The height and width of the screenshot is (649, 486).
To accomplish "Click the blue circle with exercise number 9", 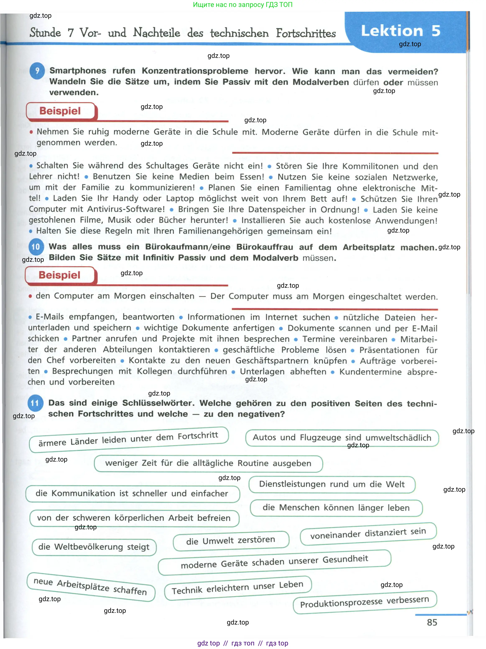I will point(37,71).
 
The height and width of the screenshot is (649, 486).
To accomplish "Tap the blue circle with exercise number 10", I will point(36,247).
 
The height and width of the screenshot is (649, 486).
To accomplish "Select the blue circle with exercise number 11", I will point(35,403).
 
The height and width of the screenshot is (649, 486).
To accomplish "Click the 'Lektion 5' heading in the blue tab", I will point(400,31).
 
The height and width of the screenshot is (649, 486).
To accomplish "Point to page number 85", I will point(432,622).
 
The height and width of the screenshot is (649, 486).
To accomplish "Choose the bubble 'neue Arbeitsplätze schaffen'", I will point(90,587).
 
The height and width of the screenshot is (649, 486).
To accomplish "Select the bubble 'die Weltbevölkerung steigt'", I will point(94,547).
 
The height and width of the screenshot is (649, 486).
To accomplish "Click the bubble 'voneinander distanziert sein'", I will point(368,534).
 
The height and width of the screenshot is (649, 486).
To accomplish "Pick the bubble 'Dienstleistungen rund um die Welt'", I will point(332,484).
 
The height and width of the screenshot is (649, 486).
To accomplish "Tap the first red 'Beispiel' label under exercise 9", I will point(60,111).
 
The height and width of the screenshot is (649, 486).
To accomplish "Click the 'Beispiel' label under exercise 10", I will point(60,275).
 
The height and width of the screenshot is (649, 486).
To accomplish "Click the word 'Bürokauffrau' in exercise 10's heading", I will point(264,247).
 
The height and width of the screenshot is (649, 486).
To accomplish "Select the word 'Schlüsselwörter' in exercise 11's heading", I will point(158,403).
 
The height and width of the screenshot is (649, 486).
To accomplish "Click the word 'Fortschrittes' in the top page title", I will point(306,33).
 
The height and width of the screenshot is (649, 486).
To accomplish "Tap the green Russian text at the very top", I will point(242,5).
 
